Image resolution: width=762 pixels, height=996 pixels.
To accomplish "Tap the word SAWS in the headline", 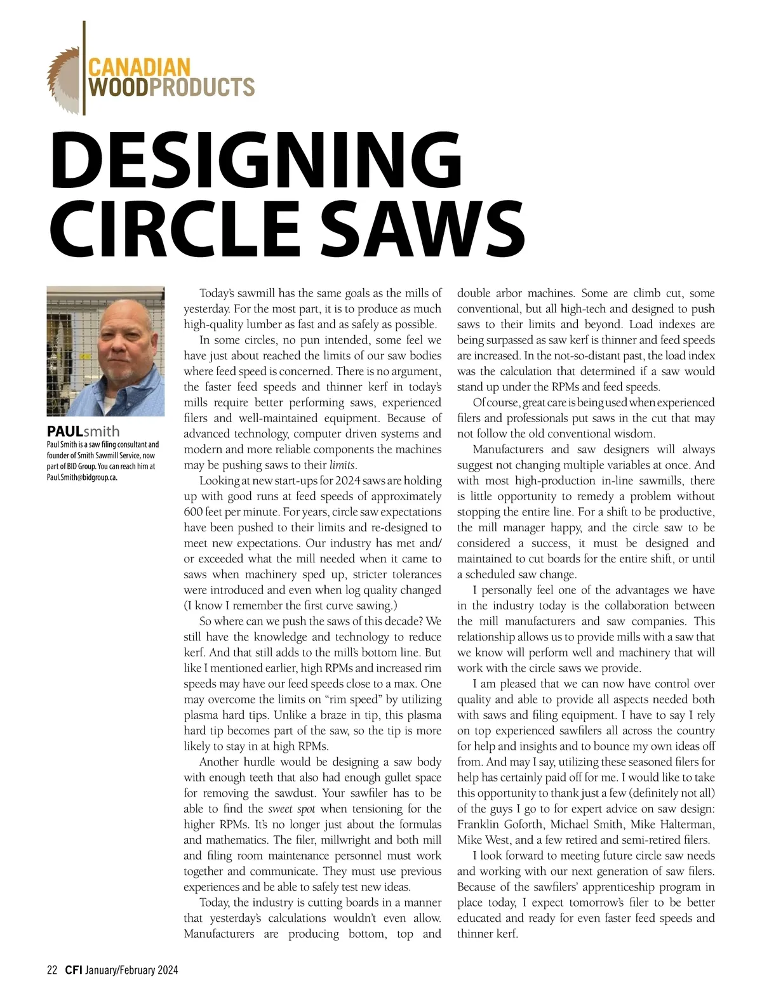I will [x=424, y=227].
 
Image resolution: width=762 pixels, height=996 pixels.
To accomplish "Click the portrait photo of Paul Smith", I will [x=105, y=351].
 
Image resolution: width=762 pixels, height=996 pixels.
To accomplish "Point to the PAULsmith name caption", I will [x=83, y=431].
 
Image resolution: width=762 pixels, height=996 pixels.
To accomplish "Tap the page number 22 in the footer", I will [x=52, y=970].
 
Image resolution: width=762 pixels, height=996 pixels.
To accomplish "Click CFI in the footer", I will [x=72, y=970].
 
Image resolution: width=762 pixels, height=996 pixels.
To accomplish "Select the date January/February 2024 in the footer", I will [x=131, y=970].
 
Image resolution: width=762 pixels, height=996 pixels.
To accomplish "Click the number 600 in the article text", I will [x=193, y=512].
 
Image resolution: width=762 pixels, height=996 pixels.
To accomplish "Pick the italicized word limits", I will [x=342, y=465].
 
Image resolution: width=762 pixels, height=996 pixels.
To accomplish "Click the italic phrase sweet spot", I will [x=291, y=809].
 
